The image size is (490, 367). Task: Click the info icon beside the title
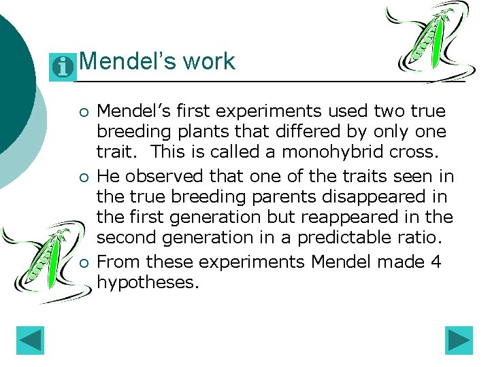click(x=63, y=67)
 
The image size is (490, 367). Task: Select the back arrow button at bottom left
click(x=30, y=341)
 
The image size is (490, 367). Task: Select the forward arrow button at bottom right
click(x=459, y=341)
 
